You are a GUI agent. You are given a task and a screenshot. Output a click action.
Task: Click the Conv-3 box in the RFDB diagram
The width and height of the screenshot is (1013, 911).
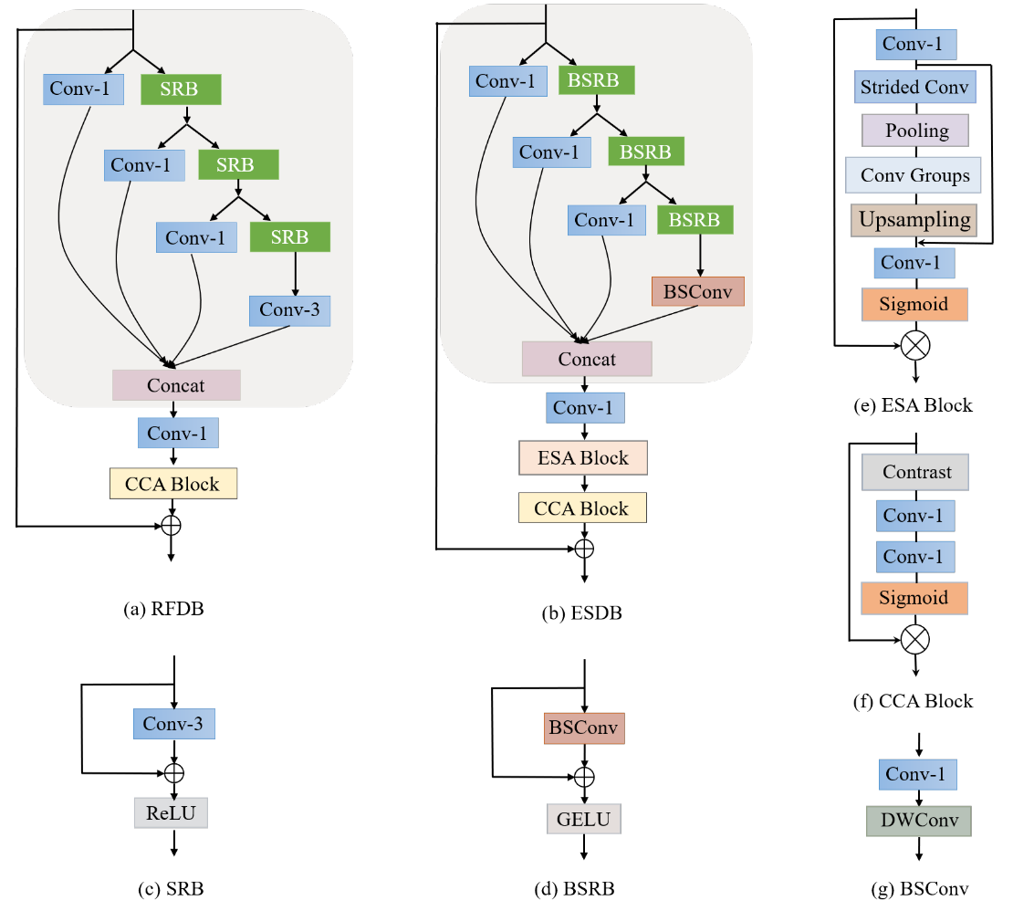289,309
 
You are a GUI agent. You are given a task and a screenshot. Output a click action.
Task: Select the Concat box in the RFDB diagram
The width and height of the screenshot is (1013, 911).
176,385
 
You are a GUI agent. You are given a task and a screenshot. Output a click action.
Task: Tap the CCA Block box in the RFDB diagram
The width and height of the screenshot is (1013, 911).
172,484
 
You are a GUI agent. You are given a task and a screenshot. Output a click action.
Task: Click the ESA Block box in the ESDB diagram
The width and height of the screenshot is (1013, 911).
582,457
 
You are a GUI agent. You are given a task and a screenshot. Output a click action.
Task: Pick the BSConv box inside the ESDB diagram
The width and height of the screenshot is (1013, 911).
698,291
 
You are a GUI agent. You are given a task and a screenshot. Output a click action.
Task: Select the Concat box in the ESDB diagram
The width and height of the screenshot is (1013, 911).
587,359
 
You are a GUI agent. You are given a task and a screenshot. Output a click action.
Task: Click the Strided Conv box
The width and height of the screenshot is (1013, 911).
916,88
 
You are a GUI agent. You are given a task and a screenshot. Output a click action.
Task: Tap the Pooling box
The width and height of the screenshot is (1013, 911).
916,131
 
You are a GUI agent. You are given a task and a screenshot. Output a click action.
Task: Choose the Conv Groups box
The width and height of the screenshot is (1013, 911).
914,174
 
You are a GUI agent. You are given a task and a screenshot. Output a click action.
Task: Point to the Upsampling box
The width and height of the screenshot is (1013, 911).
914,220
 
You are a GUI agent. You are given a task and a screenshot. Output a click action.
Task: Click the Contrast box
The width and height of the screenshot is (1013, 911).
914,472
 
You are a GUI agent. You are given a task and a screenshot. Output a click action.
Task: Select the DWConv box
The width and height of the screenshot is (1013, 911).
918,820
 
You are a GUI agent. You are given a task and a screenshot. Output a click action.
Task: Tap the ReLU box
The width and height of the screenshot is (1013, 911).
171,812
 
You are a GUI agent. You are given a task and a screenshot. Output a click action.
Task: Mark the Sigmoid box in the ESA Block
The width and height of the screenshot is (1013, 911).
914,305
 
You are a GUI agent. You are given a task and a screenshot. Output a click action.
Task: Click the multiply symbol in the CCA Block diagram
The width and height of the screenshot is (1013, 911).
914,638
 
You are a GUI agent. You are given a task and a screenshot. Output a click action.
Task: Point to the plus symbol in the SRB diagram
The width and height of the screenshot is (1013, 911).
173,772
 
